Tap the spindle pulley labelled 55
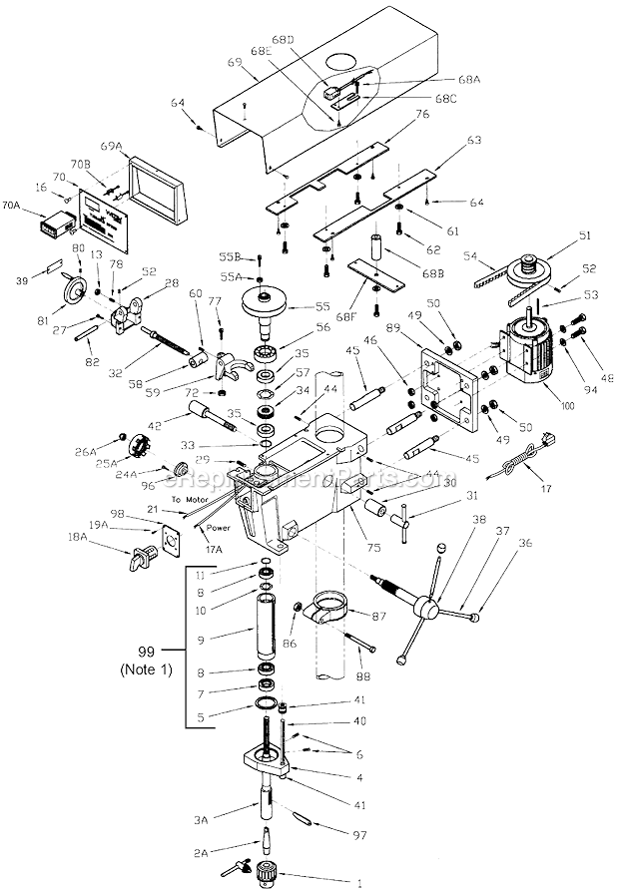click(x=271, y=303)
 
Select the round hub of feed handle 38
click(x=427, y=608)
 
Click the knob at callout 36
click(x=475, y=619)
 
